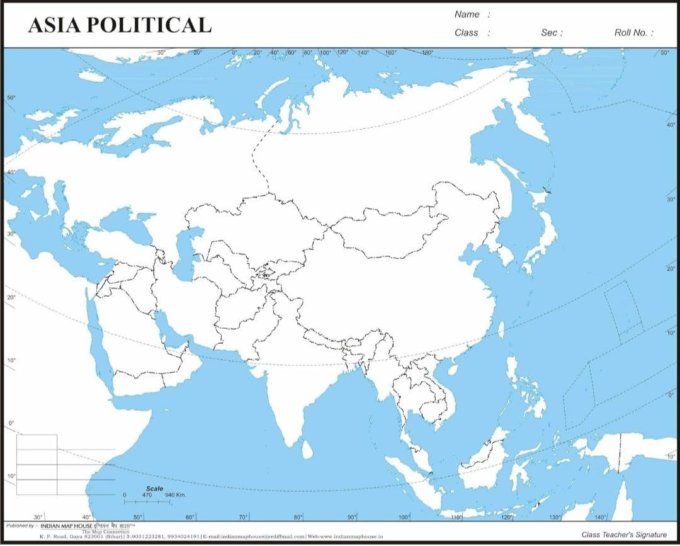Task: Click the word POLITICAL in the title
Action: point(149,25)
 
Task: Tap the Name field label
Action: point(467,14)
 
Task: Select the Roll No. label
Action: point(633,33)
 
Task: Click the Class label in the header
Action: point(467,33)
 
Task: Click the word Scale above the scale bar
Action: point(154,489)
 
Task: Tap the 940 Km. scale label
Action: point(176,496)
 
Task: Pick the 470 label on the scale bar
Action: point(147,496)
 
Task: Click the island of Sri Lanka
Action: point(307,449)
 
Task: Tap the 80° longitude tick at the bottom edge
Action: point(298,516)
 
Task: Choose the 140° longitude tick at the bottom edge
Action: point(600,516)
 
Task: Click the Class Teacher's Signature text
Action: point(624,535)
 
